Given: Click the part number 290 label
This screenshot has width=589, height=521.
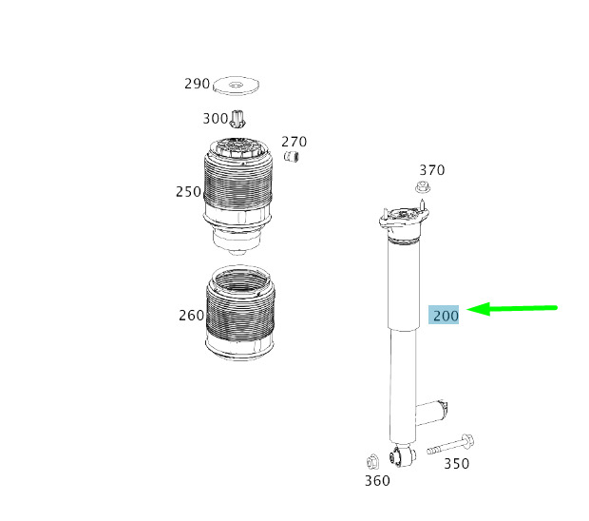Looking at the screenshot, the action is coord(197,84).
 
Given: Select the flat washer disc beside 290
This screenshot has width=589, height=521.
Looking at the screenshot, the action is coord(236,86).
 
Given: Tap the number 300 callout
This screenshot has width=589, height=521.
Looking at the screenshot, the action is coord(216,119).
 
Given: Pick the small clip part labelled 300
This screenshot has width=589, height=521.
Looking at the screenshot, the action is coord(237,119).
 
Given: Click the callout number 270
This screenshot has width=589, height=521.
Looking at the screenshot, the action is coord(294,142).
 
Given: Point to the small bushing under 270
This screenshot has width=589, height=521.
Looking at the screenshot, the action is coord(291,156).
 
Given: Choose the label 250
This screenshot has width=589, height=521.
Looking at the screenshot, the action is coord(188,192).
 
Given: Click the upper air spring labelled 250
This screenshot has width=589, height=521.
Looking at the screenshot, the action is coord(237,196).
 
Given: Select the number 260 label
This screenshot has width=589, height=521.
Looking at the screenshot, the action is coord(192,316).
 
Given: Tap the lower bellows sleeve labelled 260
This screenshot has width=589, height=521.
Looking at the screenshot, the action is coord(240,313).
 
